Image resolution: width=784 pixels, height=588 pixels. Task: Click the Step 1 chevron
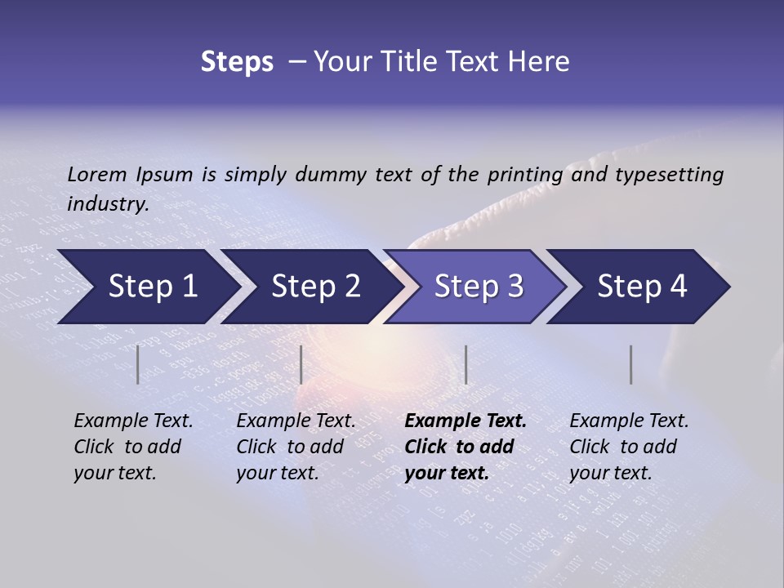point(147,287)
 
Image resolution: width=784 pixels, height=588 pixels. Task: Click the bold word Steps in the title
point(237,62)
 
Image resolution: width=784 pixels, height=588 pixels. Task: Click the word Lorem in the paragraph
point(97,174)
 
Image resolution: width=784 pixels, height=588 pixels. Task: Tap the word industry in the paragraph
point(108,203)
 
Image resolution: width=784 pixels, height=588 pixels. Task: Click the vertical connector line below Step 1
point(138,364)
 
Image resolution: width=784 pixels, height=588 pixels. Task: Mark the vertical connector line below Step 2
point(301,364)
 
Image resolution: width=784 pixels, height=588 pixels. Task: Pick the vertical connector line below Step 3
point(465,364)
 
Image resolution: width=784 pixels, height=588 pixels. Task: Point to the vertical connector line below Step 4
point(630,364)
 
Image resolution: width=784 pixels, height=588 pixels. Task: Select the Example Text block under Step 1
point(133,447)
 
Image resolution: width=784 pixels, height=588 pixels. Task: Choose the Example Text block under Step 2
point(296,447)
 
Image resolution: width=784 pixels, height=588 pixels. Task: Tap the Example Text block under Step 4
point(629,447)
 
